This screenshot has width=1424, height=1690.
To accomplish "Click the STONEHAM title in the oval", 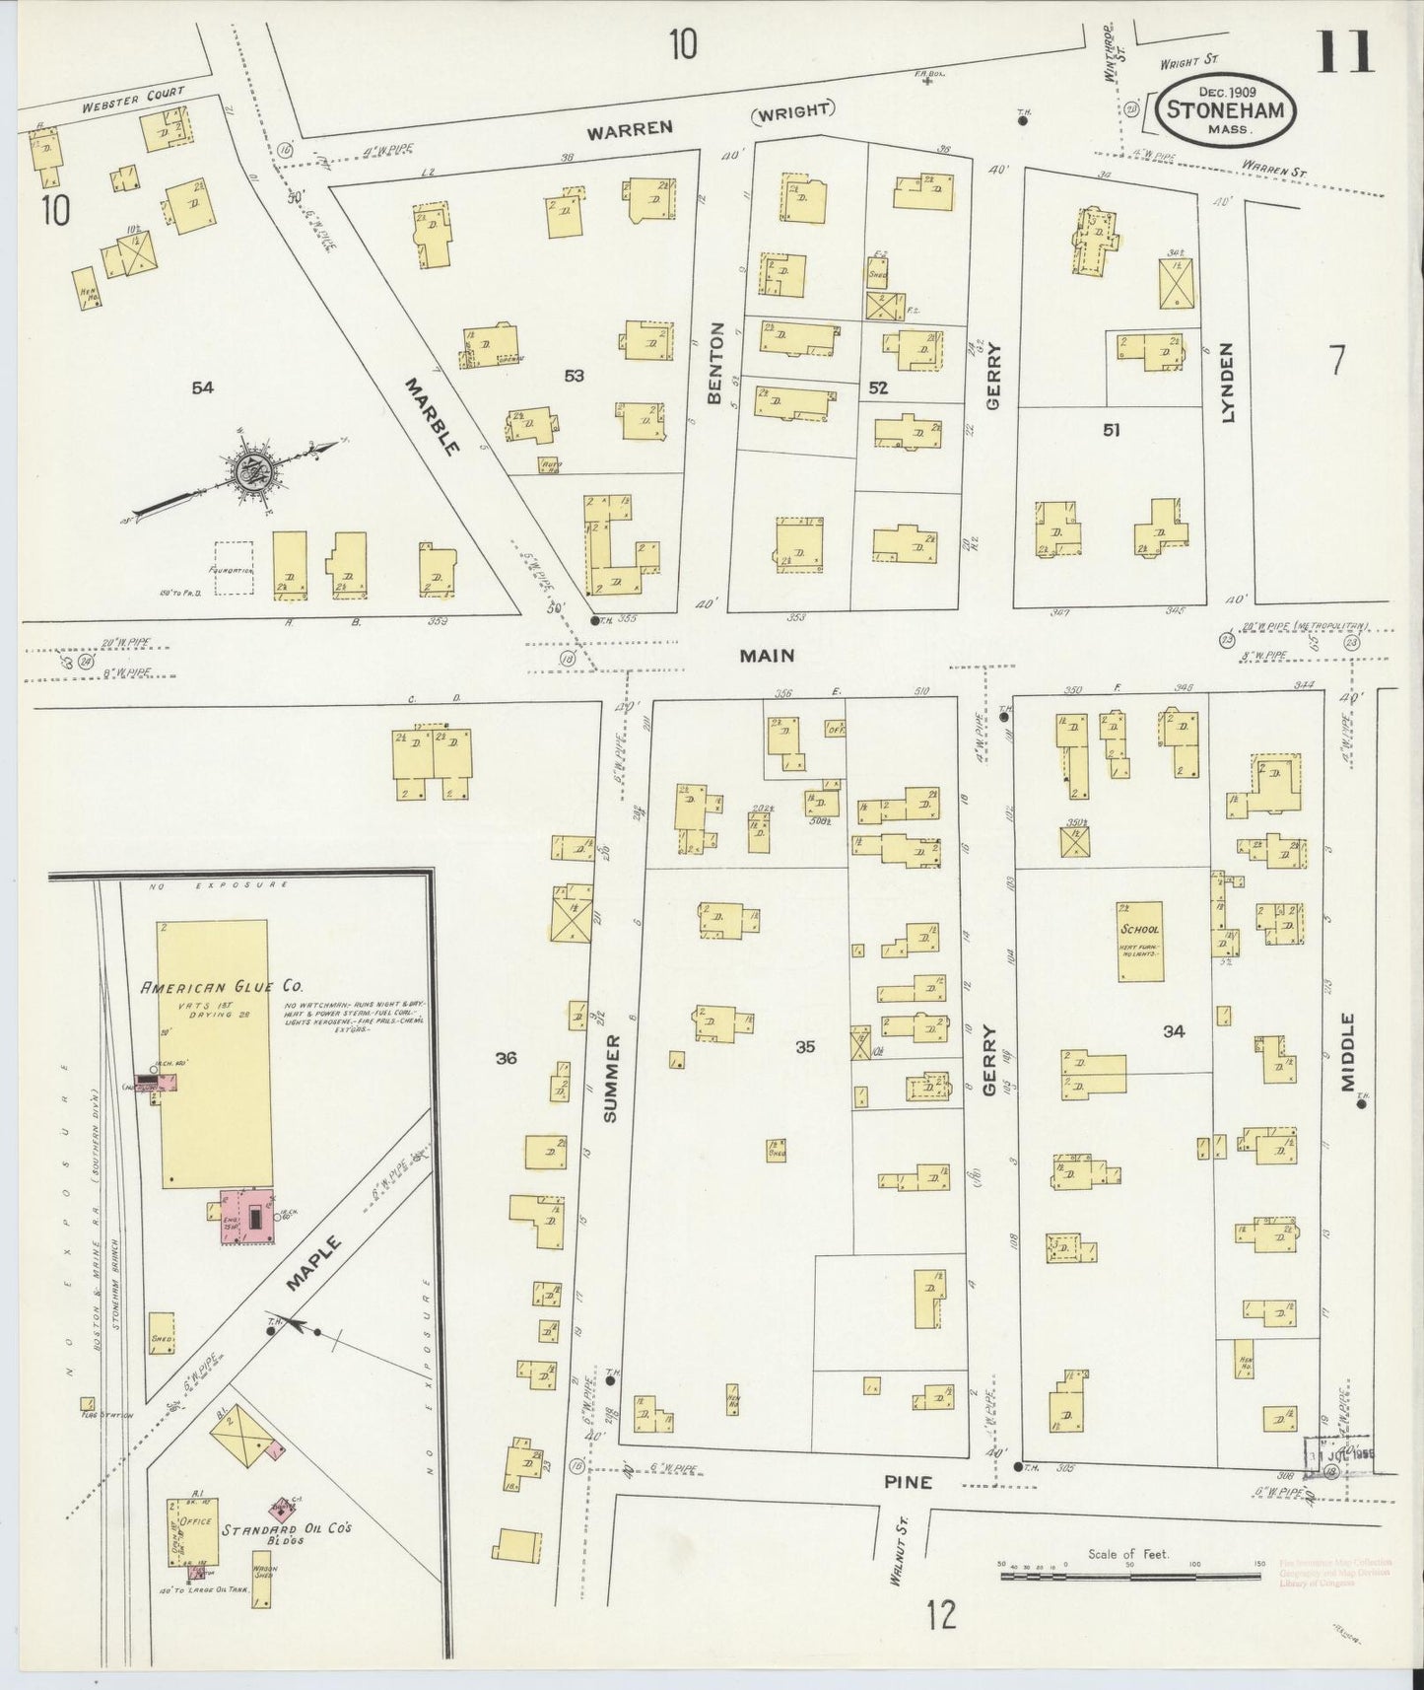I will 1225,109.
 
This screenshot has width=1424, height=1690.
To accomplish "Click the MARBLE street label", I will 431,417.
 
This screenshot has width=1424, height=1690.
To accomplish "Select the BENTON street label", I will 715,363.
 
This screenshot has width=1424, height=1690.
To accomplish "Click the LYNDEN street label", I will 1228,384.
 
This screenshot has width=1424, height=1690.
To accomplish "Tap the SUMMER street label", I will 612,1079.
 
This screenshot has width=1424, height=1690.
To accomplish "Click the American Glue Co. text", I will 222,985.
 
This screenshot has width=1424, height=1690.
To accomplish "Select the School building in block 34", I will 1139,942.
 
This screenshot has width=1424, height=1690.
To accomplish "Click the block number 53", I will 574,375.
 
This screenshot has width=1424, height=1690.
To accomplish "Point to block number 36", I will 506,1058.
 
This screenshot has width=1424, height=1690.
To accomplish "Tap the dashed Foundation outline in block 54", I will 234,567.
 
